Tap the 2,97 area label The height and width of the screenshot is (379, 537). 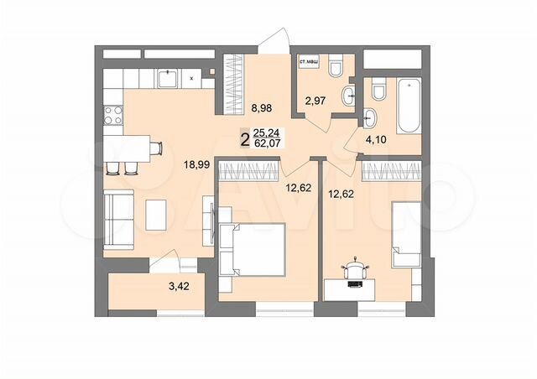315,102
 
